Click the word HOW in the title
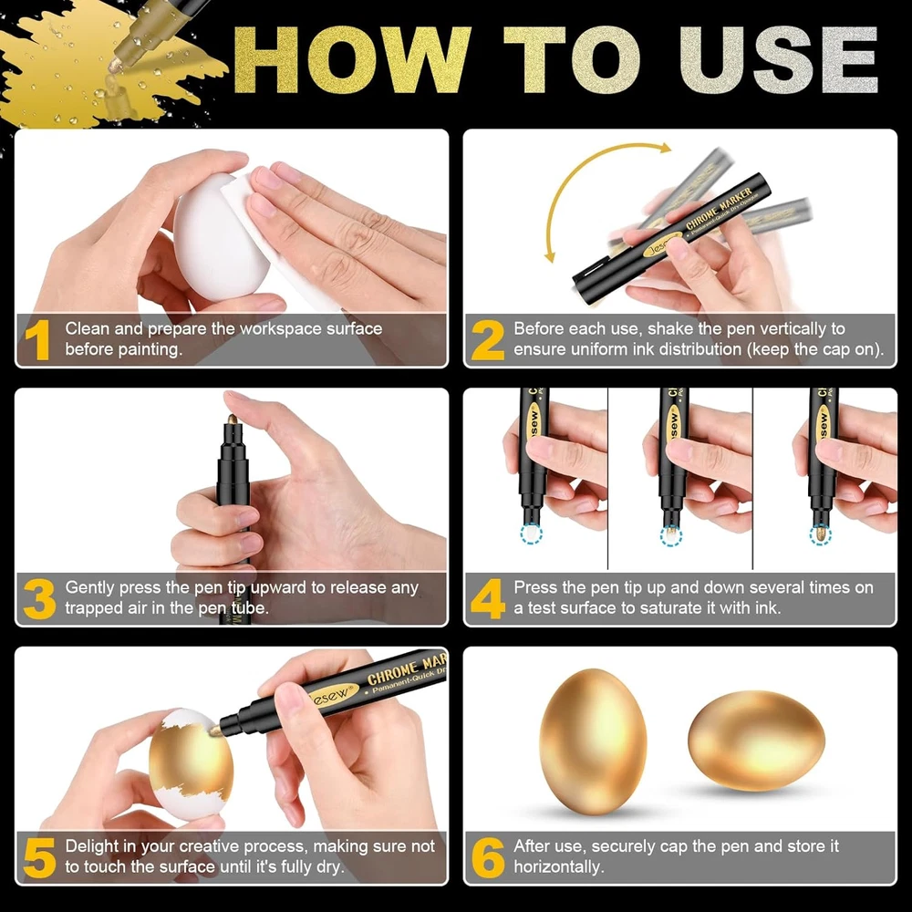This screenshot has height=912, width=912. tap(352, 60)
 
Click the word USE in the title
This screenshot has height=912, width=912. tap(778, 60)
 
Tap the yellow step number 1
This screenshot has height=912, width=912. tap(37, 340)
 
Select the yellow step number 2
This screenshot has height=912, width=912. tap(487, 340)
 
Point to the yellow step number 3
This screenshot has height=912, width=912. tap(39, 598)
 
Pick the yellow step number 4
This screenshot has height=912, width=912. tap(487, 598)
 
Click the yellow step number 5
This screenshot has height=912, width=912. tap(39, 857)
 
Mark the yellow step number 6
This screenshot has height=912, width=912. tap(488, 857)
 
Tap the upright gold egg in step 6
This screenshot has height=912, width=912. tap(593, 741)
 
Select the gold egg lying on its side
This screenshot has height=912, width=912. tap(756, 740)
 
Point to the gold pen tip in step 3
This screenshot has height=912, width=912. tap(232, 420)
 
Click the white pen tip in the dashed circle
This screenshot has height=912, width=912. tap(531, 532)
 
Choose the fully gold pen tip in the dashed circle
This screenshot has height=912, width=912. tap(820, 533)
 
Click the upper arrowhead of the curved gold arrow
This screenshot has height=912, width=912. tap(665, 148)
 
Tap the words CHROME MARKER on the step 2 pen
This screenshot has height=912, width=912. tap(719, 208)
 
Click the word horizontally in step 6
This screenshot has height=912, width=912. tap(558, 866)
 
